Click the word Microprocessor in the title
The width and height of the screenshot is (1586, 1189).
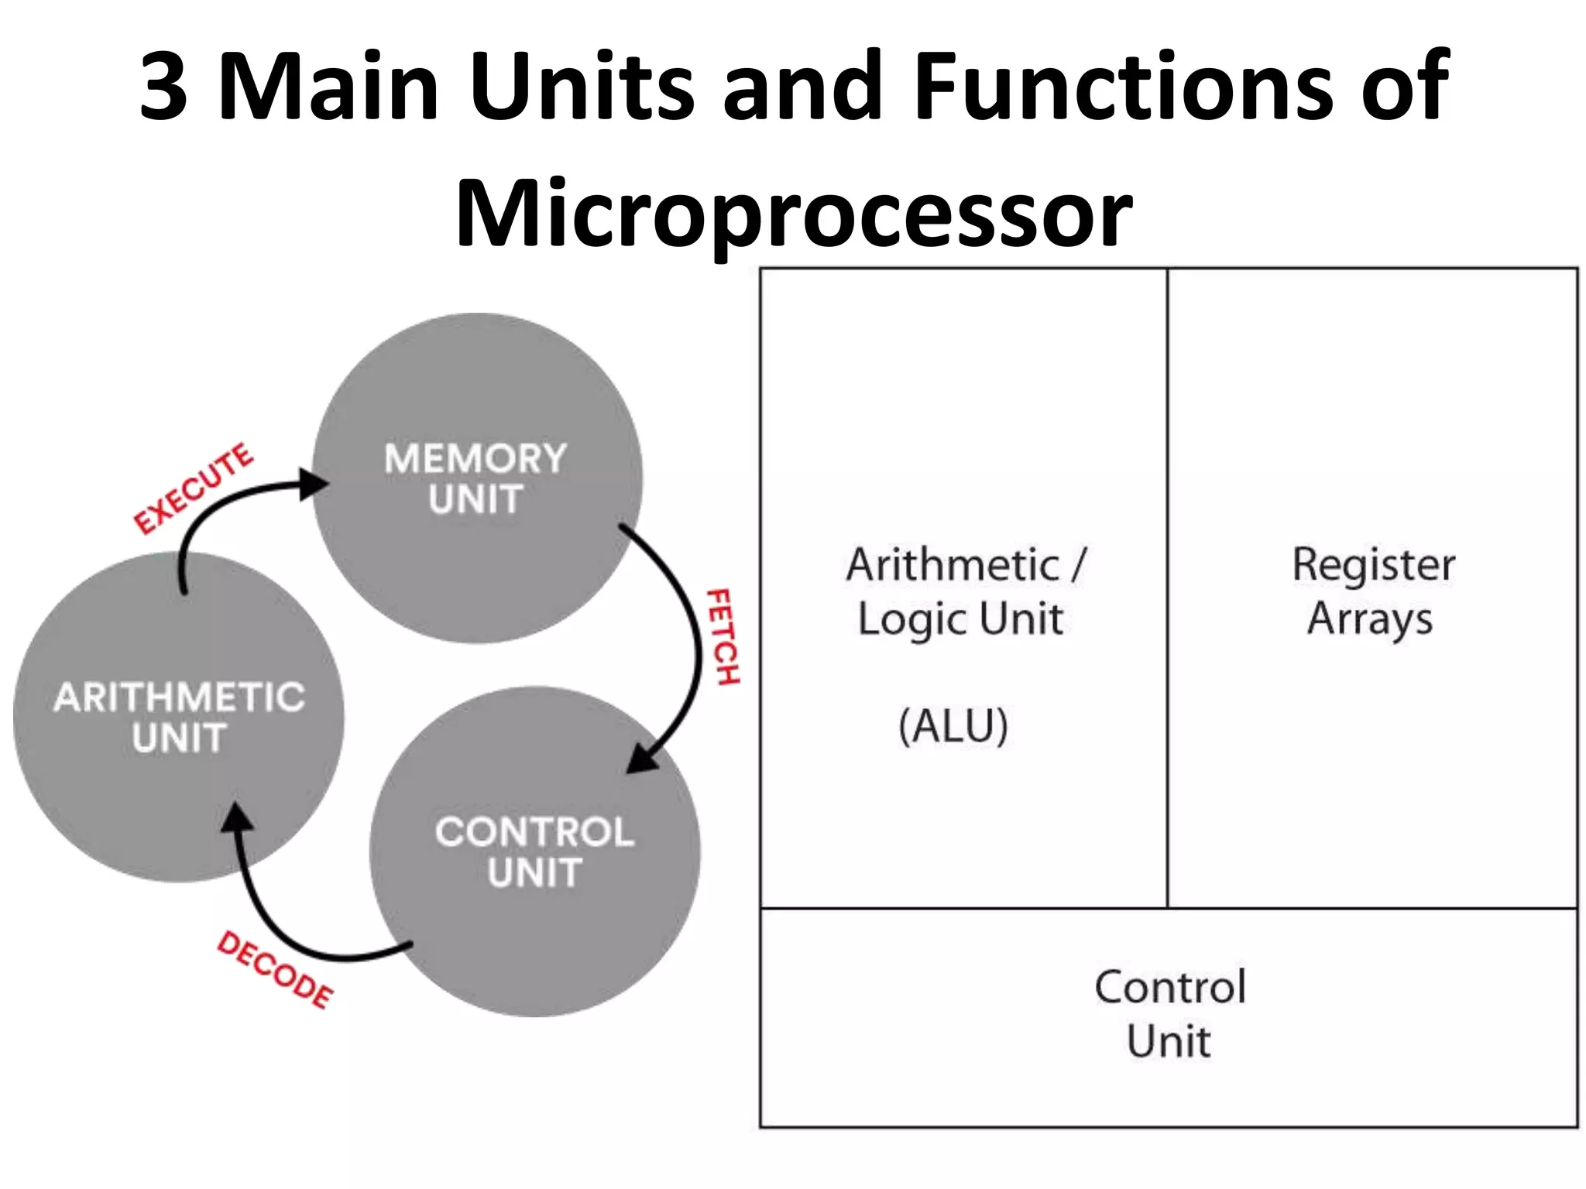point(794,213)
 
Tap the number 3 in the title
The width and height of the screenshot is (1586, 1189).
point(164,87)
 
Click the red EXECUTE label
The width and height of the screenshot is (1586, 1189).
point(193,489)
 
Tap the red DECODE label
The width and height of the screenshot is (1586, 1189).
point(274,969)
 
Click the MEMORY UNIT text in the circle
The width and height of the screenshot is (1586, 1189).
point(475,478)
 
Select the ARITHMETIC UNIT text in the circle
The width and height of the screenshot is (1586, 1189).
point(179,717)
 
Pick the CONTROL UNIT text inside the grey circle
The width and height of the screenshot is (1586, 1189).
point(534,851)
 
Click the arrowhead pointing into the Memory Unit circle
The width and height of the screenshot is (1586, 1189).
point(314,485)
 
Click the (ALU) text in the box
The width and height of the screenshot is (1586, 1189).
point(953,725)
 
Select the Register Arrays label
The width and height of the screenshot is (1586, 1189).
point(1372,591)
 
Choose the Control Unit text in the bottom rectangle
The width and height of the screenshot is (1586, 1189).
point(1169,1013)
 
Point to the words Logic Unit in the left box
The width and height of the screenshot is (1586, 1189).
point(960,620)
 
